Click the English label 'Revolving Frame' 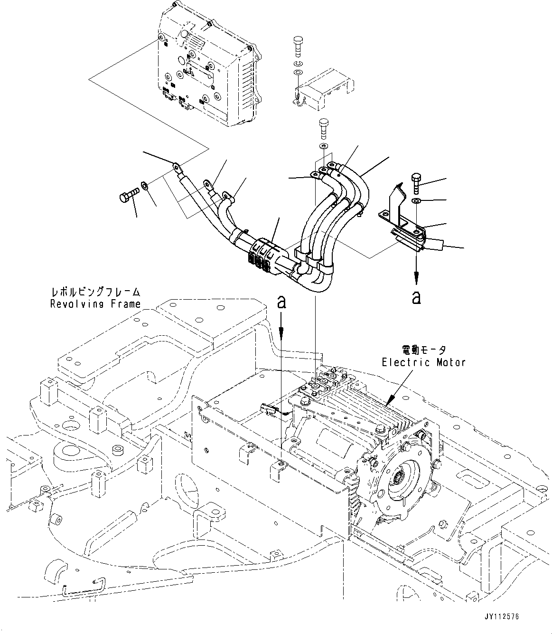click(96, 303)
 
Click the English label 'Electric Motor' click(423, 362)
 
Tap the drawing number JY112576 click(502, 616)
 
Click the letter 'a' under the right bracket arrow click(416, 297)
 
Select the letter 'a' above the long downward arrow click(281, 302)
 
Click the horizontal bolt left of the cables click(127, 194)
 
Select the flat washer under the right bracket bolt click(416, 201)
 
